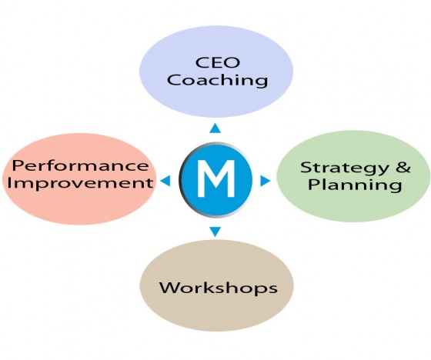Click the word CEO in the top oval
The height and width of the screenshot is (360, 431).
point(217,62)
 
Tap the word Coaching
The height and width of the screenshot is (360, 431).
point(217,80)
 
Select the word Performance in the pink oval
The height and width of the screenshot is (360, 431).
point(80,165)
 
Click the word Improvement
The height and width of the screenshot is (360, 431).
point(80,183)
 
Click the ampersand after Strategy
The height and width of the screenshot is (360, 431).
point(403,167)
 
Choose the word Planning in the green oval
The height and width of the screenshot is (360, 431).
point(355,185)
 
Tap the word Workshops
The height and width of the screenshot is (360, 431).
point(219,288)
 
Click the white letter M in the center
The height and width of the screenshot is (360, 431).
point(216,178)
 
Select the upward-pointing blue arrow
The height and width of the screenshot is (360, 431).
point(215,128)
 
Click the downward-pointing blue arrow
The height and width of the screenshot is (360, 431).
point(215,232)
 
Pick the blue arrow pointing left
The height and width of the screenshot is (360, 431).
point(165,181)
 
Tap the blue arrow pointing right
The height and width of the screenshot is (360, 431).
point(265,181)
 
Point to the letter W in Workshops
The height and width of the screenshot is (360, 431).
point(169,288)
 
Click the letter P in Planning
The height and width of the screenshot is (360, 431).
point(312,185)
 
